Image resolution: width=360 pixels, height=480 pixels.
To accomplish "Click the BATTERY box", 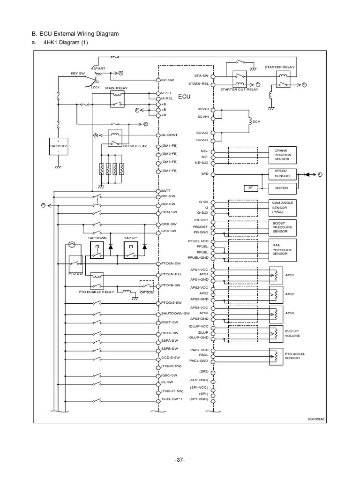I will (x=59, y=146).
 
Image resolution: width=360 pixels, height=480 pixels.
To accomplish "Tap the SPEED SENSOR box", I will (x=282, y=174).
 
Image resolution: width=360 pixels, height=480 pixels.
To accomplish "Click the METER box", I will (x=282, y=188).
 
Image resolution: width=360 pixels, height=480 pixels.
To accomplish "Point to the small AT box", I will (x=250, y=188).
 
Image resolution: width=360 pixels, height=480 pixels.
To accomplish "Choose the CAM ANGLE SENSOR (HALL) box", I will (x=282, y=206).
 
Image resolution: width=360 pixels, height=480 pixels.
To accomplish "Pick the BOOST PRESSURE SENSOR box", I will (x=282, y=227).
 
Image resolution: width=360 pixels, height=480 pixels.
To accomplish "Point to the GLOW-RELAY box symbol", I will (x=115, y=136).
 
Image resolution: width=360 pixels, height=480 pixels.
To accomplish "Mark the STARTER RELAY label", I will (x=280, y=67).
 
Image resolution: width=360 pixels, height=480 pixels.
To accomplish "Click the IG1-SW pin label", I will (x=168, y=80).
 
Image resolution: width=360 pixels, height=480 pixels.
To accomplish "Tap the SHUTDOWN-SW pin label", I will (x=175, y=313).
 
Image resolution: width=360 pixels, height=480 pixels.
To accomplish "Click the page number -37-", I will (x=180, y=459).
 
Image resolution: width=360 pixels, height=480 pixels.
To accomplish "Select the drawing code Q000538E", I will (x=316, y=419).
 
